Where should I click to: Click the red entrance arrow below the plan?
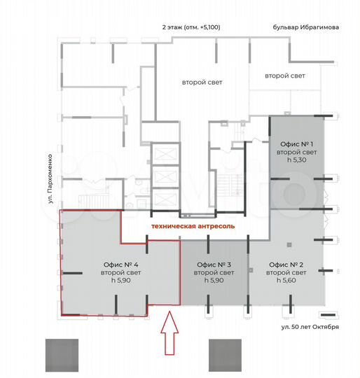pos(169,334)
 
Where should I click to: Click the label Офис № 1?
pos(297,143)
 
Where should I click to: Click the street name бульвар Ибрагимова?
pos(306,27)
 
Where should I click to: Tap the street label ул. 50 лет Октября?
pos(310,327)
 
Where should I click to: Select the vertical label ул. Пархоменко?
pos(51,180)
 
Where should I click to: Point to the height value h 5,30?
pos(297,160)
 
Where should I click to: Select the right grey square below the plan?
pos(226,355)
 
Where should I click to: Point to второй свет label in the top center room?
pos(202,83)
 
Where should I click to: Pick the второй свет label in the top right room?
pos(284,75)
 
